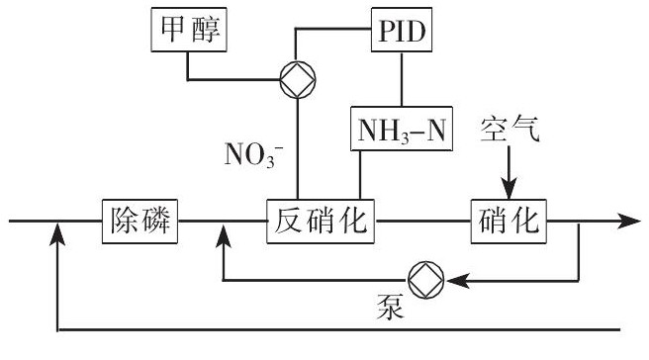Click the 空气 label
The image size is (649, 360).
pos(510,129)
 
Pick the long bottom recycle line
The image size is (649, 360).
pos(336,326)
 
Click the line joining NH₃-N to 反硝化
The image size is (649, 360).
pos(359,174)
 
